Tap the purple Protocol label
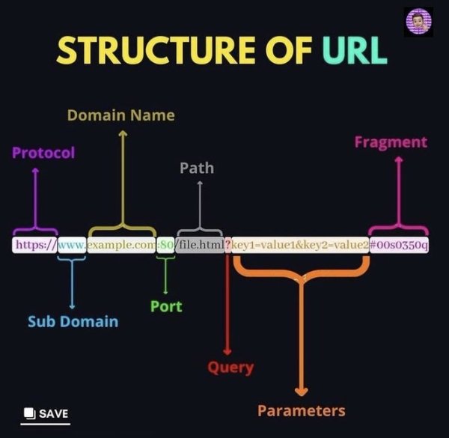click(43, 153)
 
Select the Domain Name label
click(120, 115)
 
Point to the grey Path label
click(197, 168)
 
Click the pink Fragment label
click(391, 142)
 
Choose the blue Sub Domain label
click(73, 321)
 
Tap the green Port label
click(165, 306)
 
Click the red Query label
click(230, 368)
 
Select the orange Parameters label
click(302, 410)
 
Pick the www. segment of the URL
click(72, 245)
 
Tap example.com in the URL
click(121, 245)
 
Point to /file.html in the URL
click(200, 245)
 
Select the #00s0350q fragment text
click(399, 245)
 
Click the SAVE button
click(46, 413)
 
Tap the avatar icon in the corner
click(418, 22)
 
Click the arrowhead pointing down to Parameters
click(301, 391)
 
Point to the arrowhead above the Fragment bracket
click(398, 160)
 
